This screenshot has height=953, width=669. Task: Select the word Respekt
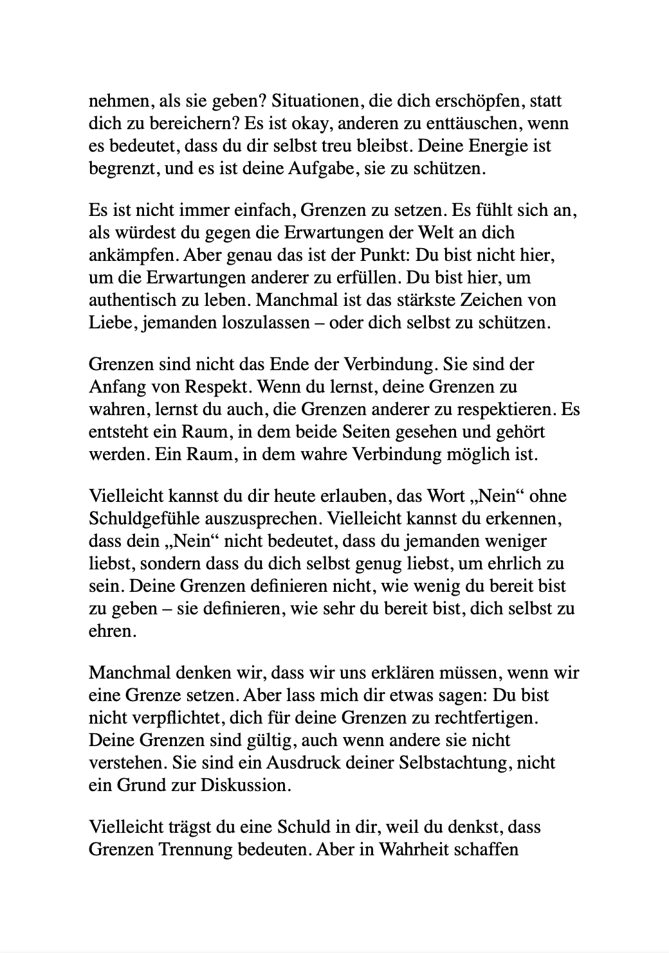coord(223,387)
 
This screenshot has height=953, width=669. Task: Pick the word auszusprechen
coord(267,519)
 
